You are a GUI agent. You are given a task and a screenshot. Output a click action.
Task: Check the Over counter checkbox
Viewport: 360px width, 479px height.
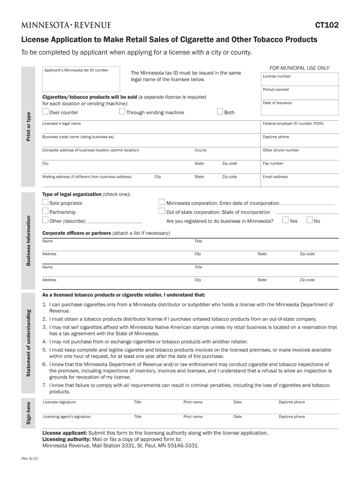(x=45, y=112)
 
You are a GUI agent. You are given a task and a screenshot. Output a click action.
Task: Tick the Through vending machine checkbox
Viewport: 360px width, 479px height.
(x=122, y=112)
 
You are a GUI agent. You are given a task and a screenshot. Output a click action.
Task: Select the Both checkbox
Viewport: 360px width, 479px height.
(x=220, y=112)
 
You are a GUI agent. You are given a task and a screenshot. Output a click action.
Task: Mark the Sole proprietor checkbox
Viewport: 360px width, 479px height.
(x=45, y=203)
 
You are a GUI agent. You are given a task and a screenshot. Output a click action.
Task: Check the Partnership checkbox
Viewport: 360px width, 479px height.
(x=45, y=211)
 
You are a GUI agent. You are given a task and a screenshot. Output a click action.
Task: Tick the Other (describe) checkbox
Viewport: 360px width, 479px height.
(x=45, y=220)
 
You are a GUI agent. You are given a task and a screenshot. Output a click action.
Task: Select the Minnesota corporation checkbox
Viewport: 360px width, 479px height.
(x=162, y=203)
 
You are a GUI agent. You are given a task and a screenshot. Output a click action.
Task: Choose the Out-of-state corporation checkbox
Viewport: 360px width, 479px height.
(x=162, y=211)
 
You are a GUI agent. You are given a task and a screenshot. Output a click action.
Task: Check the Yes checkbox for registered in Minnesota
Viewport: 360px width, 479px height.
(x=286, y=220)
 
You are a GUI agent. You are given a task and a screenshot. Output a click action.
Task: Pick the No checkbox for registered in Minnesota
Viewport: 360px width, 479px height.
(x=310, y=220)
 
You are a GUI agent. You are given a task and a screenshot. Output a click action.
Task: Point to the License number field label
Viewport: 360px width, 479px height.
(x=277, y=76)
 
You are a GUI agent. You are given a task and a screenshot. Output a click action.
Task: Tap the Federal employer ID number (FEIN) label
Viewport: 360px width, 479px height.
(x=293, y=123)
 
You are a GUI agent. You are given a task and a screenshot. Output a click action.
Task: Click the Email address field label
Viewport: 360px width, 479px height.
(x=275, y=177)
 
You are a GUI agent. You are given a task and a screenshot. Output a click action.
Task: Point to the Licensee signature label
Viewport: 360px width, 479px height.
(x=59, y=402)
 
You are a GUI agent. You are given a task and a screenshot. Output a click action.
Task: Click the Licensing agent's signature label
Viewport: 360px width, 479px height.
(x=67, y=416)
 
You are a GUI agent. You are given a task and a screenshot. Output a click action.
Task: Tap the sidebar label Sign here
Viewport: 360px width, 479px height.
(x=29, y=414)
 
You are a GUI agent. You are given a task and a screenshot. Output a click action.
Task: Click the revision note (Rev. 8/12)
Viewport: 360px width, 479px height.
(x=30, y=459)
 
